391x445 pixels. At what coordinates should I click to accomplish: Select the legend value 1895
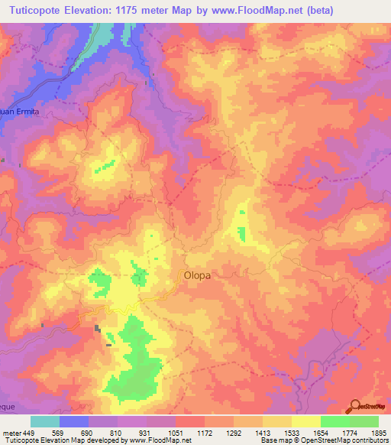379,432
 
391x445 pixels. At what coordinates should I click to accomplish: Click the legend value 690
89,432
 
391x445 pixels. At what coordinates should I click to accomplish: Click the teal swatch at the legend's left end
45,421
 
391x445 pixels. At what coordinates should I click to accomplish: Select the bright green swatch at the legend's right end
364,421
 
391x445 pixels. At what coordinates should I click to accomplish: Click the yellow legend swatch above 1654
306,421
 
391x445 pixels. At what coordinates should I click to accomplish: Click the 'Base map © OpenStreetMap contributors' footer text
324,441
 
